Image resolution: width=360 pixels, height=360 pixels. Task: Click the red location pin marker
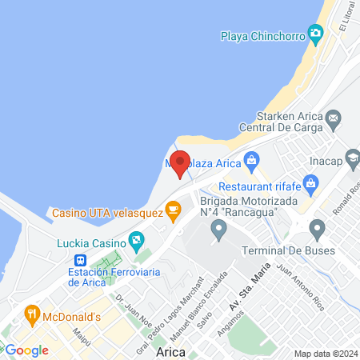181,163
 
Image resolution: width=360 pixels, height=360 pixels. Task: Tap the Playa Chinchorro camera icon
315,33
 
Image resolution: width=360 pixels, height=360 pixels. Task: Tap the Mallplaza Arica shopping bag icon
252,159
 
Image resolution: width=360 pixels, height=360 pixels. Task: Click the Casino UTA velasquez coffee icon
172,210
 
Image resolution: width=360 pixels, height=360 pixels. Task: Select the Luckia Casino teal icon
137,239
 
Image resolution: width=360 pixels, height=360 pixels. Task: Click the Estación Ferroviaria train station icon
80,260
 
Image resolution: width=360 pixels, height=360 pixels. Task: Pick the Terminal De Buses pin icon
317,230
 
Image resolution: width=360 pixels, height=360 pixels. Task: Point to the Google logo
26,350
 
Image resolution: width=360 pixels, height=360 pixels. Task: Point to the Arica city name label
172,352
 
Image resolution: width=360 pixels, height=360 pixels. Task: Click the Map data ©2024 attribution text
324,354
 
